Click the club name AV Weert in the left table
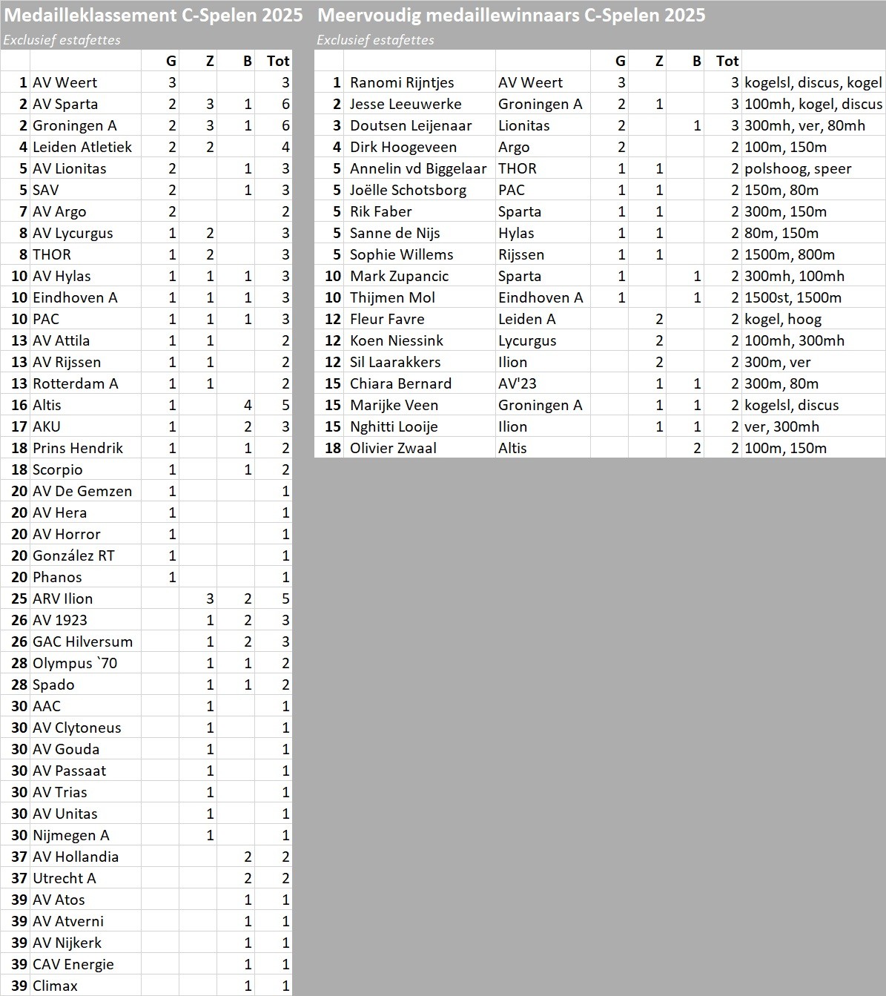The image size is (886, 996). [x=65, y=82]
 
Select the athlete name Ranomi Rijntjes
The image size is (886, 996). [x=402, y=82]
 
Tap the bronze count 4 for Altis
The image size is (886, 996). [x=248, y=405]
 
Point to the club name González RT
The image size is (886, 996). [x=73, y=555]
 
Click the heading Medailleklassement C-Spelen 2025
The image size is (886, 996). [x=153, y=16]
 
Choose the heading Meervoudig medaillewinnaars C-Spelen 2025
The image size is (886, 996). [x=511, y=16]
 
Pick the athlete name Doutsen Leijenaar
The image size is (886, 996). [x=411, y=125]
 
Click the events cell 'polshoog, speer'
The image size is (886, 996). [x=798, y=168]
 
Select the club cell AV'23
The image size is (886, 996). [x=518, y=383]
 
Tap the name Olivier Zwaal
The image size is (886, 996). [x=393, y=448]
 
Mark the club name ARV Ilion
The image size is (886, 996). [x=63, y=598]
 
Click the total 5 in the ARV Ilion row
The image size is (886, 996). [x=285, y=598]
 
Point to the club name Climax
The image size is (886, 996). [x=55, y=986]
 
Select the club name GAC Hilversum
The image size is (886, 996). [x=82, y=642]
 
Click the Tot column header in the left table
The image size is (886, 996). [x=278, y=61]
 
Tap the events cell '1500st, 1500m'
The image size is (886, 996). [x=793, y=297]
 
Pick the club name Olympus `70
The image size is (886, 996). [x=75, y=663]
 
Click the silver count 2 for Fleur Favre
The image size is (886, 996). [x=659, y=319]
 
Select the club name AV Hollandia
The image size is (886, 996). [x=76, y=857]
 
